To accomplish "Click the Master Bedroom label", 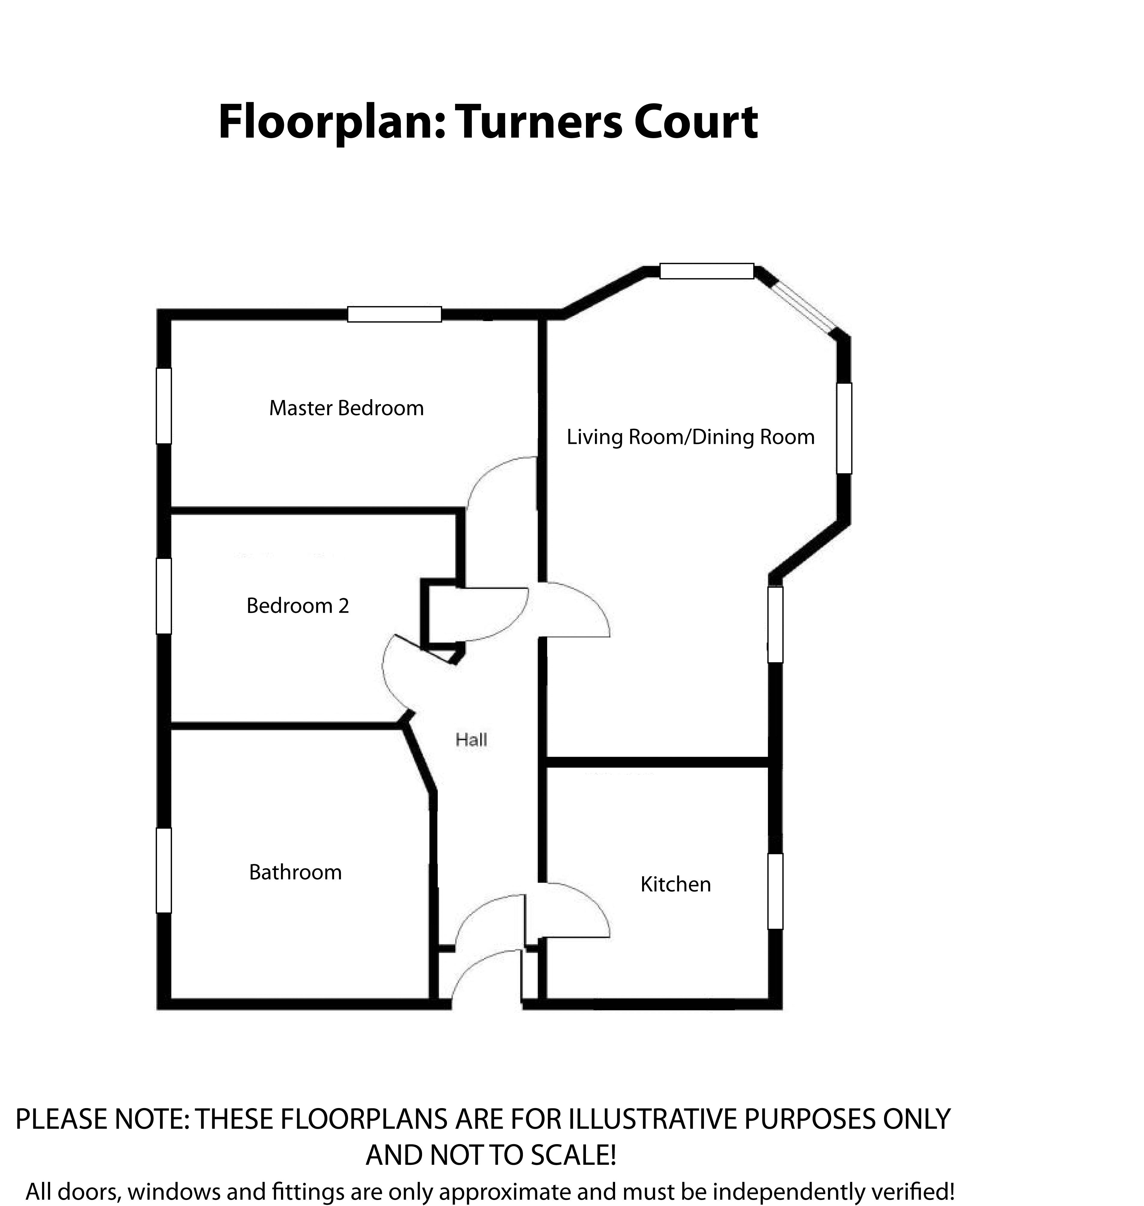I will coord(346,408).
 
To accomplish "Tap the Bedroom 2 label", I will coord(297,606).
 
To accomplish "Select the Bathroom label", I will coord(295,872).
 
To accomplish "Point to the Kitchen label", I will coord(675,884).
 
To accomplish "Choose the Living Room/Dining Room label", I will coord(690,437).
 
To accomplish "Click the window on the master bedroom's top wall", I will coord(394,314).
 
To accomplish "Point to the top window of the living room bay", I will coord(707,271).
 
